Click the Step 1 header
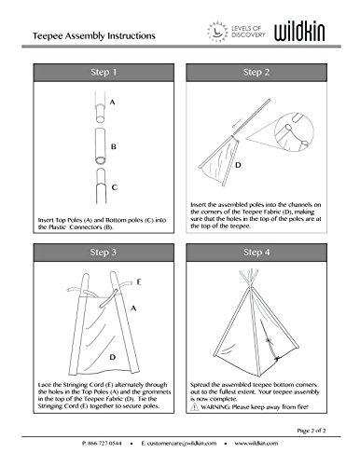pos(104,73)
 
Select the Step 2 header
pos(256,73)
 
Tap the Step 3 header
pos(104,253)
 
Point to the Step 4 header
pos(256,253)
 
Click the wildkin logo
pos(299,32)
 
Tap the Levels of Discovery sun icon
pos(217,32)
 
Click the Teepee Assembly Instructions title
pos(94,36)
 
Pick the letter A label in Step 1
pos(113,102)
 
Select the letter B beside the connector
pos(114,146)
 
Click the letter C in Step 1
pos(115,187)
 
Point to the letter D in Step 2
pos(238,165)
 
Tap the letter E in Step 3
pos(139,282)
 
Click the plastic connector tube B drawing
pos(100,146)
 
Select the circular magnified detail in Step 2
pos(294,132)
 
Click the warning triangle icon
pos(195,406)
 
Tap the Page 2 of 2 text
pos(312,431)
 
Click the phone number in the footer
pos(102,444)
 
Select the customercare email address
pos(179,444)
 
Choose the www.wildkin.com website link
pos(256,444)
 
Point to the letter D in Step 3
pos(113,357)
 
